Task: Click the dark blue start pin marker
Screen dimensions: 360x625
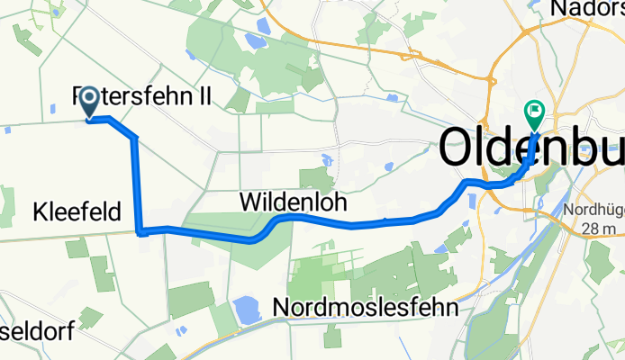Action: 90,103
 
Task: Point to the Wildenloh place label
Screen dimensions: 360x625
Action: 293,203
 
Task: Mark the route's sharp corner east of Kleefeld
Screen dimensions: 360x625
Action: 140,230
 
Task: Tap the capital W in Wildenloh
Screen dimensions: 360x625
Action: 251,203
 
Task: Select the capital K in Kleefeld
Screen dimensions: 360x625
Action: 40,213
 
